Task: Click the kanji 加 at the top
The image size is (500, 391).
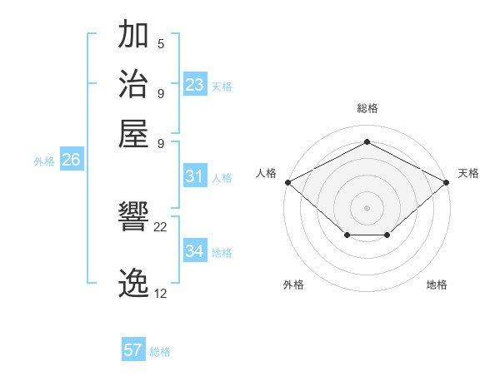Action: click(x=134, y=37)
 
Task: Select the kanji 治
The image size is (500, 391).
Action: click(x=134, y=85)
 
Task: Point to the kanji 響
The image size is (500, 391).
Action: click(x=134, y=219)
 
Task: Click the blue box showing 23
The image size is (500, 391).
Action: click(x=195, y=85)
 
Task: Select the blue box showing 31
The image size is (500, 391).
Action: click(x=195, y=176)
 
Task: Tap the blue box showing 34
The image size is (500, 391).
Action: click(x=195, y=251)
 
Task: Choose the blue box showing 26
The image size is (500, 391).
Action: click(x=71, y=161)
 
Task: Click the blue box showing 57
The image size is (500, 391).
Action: click(x=133, y=350)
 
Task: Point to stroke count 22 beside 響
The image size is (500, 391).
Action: click(x=161, y=227)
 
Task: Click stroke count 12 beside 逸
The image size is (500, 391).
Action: click(x=161, y=293)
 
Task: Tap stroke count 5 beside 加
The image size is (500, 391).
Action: click(x=161, y=44)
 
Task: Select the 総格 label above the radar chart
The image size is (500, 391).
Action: click(x=367, y=108)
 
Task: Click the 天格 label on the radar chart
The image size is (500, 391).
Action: click(x=468, y=173)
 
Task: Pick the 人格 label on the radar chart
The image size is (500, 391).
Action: click(x=266, y=173)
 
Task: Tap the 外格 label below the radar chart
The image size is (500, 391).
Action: click(x=293, y=285)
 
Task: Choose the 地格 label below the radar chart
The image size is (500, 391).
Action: click(x=437, y=285)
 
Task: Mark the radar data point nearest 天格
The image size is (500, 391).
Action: click(x=447, y=181)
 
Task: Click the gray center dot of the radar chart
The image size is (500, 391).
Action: click(x=367, y=207)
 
